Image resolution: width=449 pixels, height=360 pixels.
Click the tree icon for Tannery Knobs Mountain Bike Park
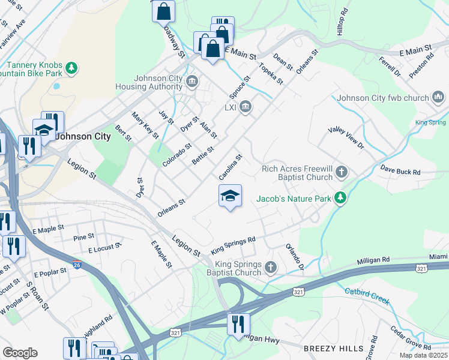pyautogui.click(x=72, y=67)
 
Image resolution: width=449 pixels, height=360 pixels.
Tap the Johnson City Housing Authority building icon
pyautogui.click(x=192, y=82)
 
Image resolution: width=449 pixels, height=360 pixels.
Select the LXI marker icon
pyautogui.click(x=246, y=107)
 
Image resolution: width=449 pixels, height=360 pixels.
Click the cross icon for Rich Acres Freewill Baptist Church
pyautogui.click(x=342, y=173)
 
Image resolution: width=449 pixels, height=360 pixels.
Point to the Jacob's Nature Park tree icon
pyautogui.click(x=340, y=197)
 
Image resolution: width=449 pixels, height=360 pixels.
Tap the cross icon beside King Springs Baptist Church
pyautogui.click(x=270, y=266)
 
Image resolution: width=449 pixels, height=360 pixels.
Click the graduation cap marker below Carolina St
pyautogui.click(x=230, y=196)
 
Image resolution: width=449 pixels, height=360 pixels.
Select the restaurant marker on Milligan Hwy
pyautogui.click(x=238, y=325)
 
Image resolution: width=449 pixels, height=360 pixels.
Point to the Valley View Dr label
pyautogui.click(x=346, y=137)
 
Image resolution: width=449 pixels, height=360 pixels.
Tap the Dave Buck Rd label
pyautogui.click(x=400, y=172)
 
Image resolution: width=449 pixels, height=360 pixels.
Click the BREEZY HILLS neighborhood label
pyautogui.click(x=333, y=348)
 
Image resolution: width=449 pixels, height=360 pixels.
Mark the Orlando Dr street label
pyautogui.click(x=295, y=256)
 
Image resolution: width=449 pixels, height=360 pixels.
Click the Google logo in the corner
pyautogui.click(x=20, y=353)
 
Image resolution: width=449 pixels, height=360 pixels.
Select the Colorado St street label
pyautogui.click(x=176, y=154)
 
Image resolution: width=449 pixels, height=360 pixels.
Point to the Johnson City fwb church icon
pyautogui.click(x=437, y=97)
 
